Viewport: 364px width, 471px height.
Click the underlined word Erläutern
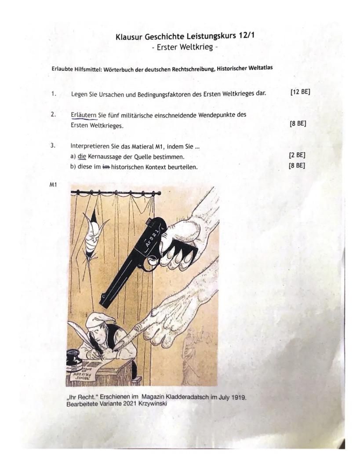click(x=84, y=115)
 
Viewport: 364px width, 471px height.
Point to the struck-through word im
click(x=106, y=167)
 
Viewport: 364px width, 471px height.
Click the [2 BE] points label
click(x=297, y=155)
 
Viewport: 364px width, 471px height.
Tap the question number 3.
click(x=53, y=146)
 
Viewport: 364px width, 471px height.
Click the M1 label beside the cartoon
click(x=53, y=185)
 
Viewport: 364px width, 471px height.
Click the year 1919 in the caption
click(x=239, y=398)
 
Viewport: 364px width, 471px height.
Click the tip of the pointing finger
click(x=118, y=347)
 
